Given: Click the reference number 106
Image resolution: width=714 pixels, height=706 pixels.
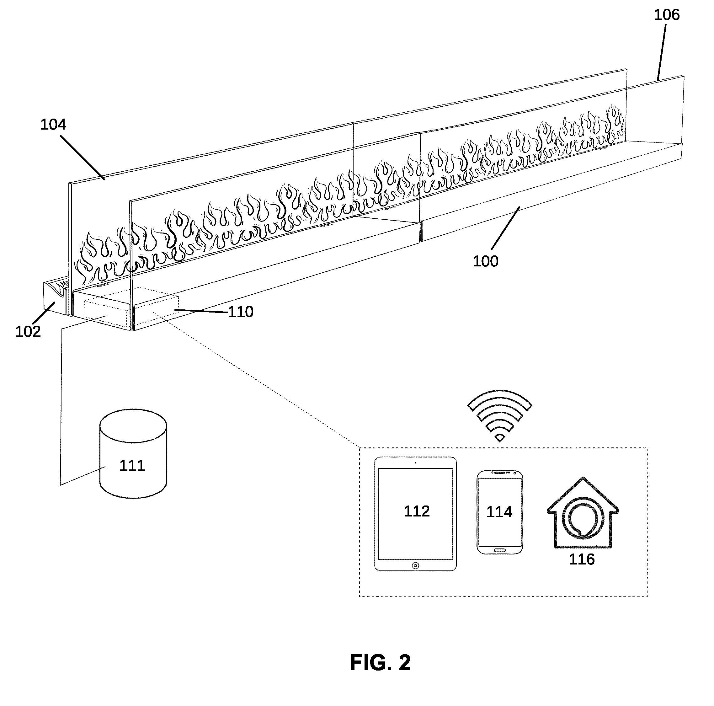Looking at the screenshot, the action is (x=667, y=15).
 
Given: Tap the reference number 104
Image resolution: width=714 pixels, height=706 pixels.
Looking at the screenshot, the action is (x=53, y=125).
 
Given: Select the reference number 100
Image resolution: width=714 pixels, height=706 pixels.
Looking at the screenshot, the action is (x=486, y=262).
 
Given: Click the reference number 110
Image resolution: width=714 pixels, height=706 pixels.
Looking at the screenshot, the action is (x=241, y=312).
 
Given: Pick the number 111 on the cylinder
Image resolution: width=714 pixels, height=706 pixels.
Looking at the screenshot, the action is (x=132, y=465).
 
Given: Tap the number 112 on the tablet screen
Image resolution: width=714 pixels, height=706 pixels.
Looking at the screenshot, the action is (x=417, y=511).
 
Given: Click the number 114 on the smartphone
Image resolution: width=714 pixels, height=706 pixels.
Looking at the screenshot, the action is (x=499, y=512).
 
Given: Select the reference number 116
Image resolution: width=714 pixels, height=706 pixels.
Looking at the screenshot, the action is (x=582, y=559).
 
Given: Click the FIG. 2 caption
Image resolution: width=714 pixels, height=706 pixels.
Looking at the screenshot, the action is (x=380, y=662).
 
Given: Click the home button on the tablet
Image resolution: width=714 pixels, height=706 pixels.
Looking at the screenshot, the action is (x=415, y=565).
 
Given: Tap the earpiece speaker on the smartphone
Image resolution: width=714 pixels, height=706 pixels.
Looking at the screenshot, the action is (x=500, y=473).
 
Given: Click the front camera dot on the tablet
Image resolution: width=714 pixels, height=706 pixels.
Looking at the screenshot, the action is (x=416, y=463).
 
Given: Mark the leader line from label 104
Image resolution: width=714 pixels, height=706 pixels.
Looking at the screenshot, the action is (x=83, y=158).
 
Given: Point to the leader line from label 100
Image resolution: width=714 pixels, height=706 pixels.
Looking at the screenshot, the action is (x=506, y=228).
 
